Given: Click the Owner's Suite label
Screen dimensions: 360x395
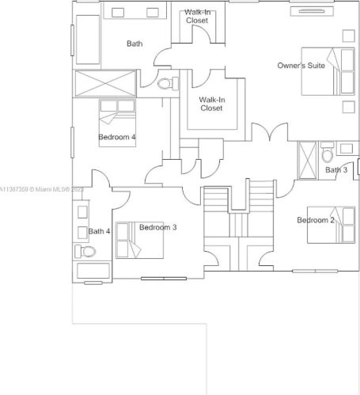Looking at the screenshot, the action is coord(301,66).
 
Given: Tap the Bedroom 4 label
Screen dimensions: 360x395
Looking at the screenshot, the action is coord(117,137).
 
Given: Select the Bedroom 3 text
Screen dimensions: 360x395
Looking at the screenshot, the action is coord(157,227).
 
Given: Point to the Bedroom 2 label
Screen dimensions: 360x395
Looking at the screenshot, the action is coord(316,220).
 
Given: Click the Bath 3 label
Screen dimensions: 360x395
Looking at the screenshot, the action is coord(336,170).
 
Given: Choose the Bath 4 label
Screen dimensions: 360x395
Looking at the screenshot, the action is coord(99,231).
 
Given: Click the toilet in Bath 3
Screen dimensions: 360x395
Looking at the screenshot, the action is coord(328,152).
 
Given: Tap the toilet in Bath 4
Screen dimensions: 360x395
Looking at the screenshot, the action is coord(85,252).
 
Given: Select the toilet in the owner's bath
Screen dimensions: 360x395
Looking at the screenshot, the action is coord(168,84).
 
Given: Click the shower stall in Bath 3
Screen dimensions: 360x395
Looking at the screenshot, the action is coord(307,161).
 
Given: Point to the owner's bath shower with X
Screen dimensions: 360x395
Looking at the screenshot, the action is coord(105,83).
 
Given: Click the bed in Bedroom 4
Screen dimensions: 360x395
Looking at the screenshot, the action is coord(117,123).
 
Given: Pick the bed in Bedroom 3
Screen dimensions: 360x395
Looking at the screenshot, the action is coord(139,240).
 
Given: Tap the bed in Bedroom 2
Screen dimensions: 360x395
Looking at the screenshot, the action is coord(332,225).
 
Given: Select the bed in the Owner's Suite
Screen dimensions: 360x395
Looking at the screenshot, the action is coord(328,71).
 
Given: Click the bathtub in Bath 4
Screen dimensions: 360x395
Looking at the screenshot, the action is coord(93,271).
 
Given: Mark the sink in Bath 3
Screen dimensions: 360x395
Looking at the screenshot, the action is coord(347,149).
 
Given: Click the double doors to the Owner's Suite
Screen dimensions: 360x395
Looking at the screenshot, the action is coord(270,131).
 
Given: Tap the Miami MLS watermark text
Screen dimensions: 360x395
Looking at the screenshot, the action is coord(42,189).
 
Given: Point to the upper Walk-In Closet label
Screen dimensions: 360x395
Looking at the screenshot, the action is coord(197,17).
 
